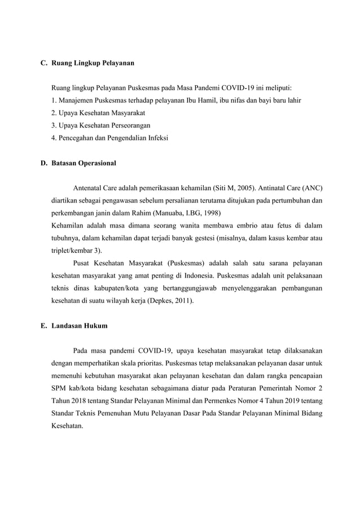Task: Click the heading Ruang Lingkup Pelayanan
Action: pyautogui.click(x=93, y=64)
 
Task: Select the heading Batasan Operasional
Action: pyautogui.click(x=84, y=163)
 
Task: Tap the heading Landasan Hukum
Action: pyautogui.click(x=78, y=326)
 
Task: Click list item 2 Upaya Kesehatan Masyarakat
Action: pyautogui.click(x=97, y=113)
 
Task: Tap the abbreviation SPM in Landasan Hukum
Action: pyautogui.click(x=58, y=389)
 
